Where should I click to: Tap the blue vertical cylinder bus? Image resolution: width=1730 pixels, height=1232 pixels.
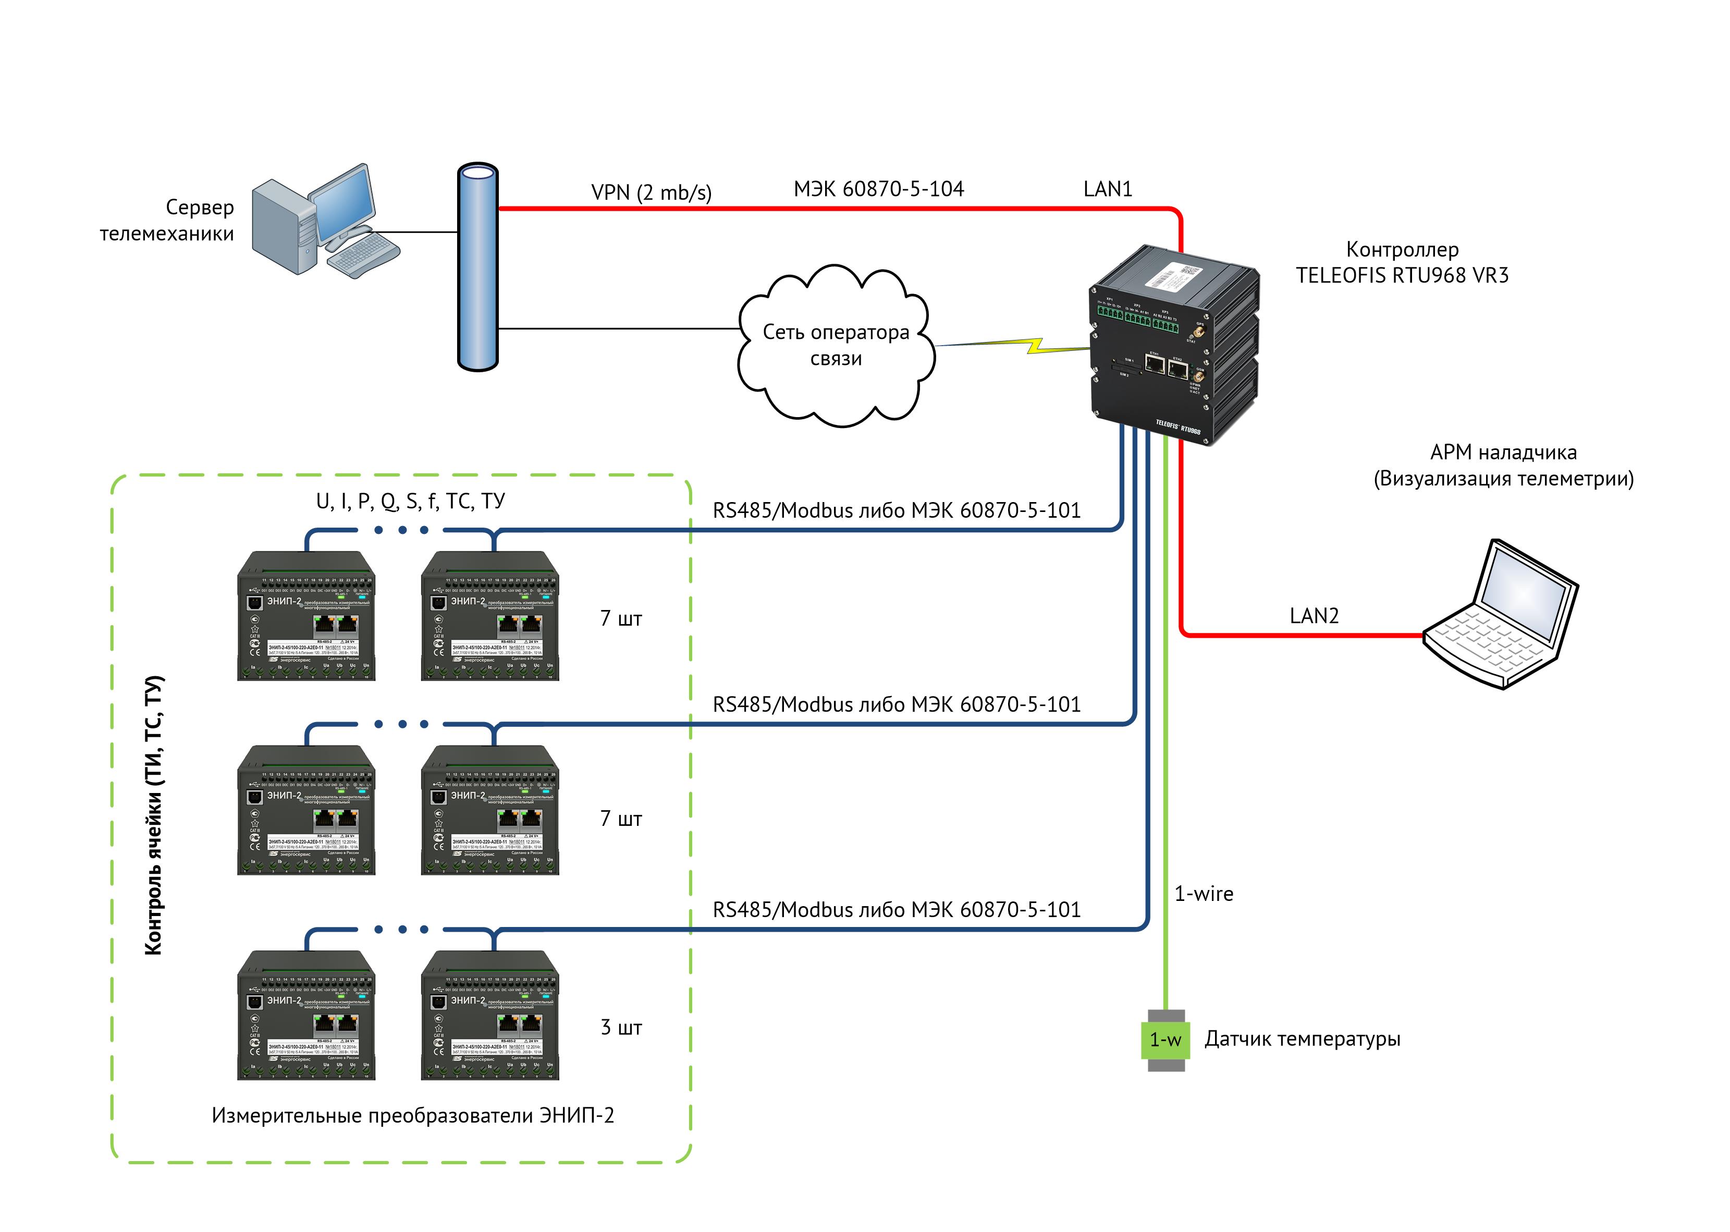[x=478, y=268]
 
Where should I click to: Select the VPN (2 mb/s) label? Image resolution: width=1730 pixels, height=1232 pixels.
[x=651, y=193]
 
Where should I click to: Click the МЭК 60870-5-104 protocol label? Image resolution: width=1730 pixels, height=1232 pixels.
[x=878, y=189]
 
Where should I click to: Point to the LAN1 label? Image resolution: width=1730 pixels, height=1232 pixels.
[x=1107, y=189]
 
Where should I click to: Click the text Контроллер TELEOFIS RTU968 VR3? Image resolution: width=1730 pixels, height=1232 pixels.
[x=1402, y=262]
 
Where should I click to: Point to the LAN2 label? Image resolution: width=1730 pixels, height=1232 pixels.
[x=1314, y=615]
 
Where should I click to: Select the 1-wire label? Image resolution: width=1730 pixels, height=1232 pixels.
[x=1204, y=894]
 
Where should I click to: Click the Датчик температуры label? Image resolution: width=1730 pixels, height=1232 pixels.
[x=1302, y=1039]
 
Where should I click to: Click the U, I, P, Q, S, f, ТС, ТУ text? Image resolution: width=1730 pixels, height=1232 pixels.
[x=410, y=501]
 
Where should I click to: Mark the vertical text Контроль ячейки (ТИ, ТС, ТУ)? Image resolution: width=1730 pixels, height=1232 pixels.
[x=153, y=815]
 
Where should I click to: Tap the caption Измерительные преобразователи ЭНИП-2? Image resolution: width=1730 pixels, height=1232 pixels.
[x=413, y=1115]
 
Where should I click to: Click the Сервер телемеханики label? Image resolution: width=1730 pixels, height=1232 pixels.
[x=168, y=220]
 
